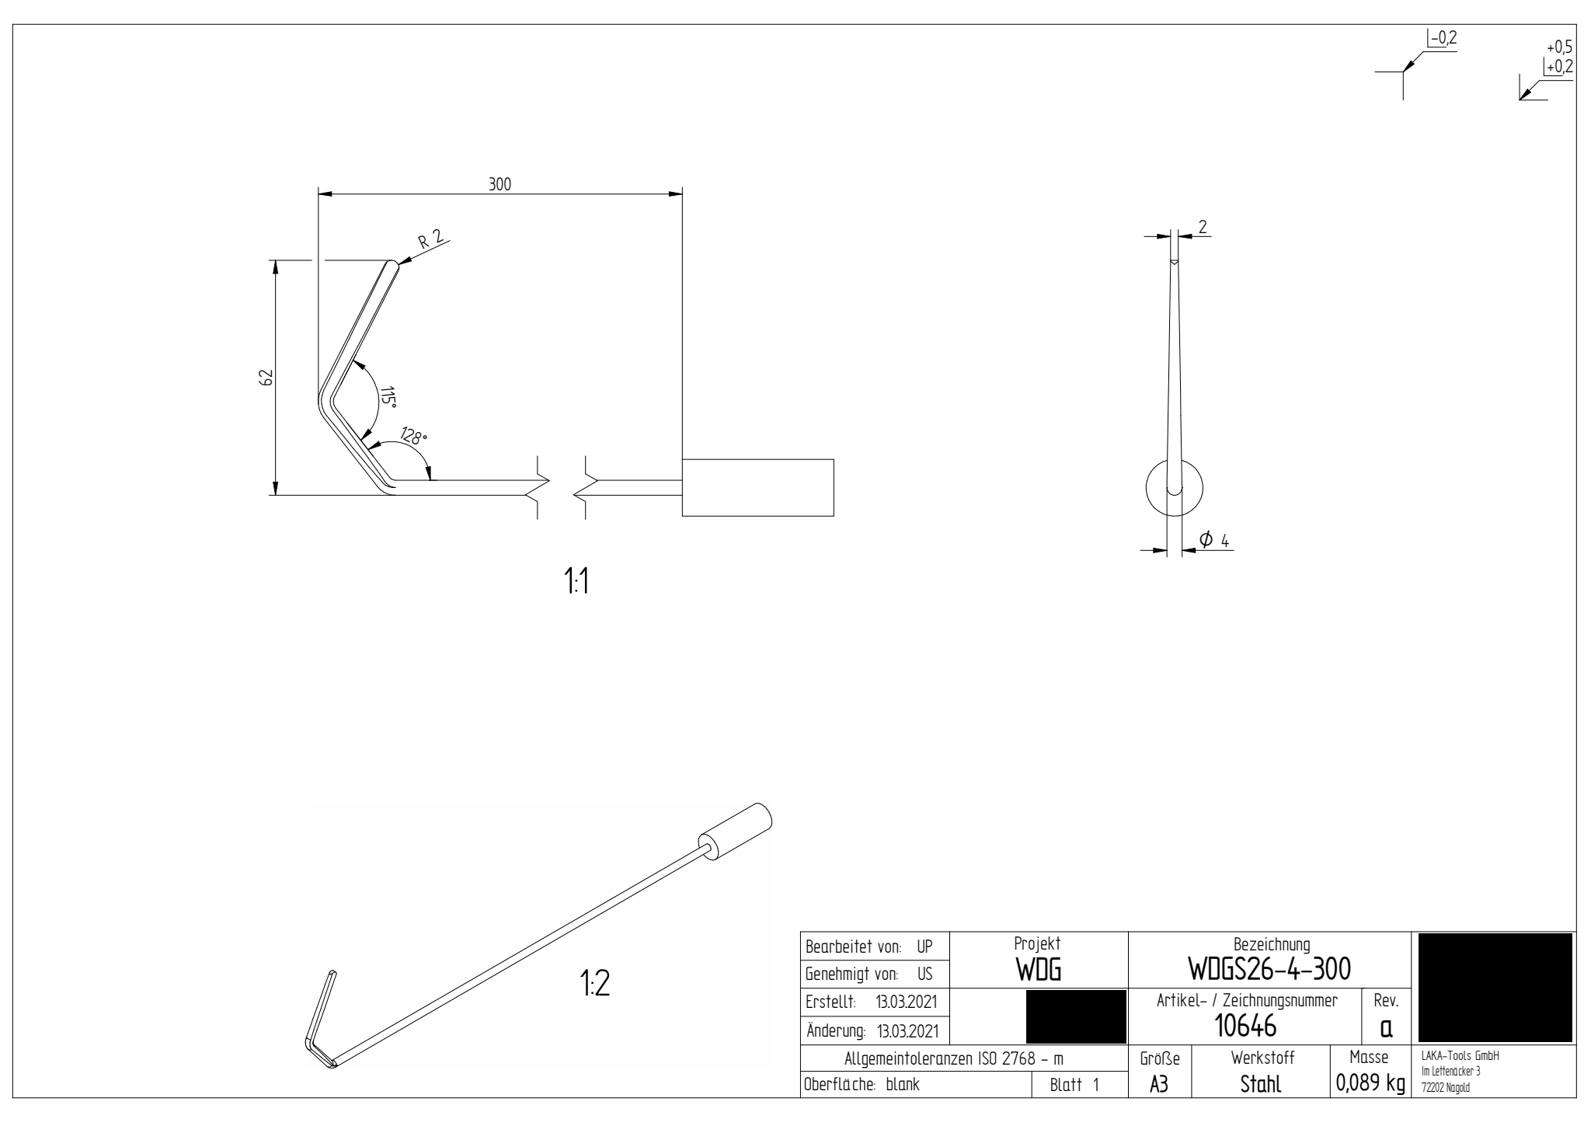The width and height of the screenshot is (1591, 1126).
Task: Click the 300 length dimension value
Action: tap(500, 184)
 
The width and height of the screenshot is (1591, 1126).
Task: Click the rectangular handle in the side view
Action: tap(757, 487)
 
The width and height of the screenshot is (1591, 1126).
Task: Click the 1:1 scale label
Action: tap(576, 581)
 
